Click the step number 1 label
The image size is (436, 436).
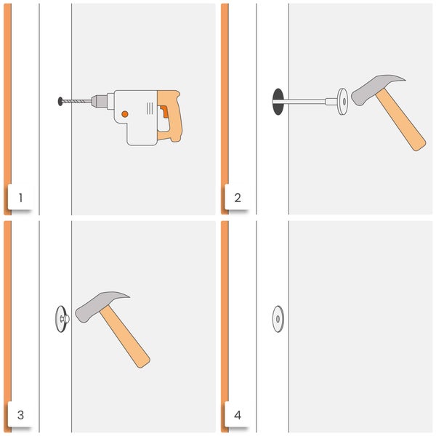coord(20,198)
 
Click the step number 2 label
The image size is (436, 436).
coord(238,198)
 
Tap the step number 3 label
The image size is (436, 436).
coord(20,415)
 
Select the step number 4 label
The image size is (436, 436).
coord(238,415)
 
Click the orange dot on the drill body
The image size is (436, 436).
coord(125,114)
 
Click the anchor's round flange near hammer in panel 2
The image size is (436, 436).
coord(342,100)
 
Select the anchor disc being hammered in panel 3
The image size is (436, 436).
coord(61,318)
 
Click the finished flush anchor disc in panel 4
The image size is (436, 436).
coord(278,318)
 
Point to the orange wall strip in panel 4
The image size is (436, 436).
coord(225,327)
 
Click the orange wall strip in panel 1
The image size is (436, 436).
coord(7,109)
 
